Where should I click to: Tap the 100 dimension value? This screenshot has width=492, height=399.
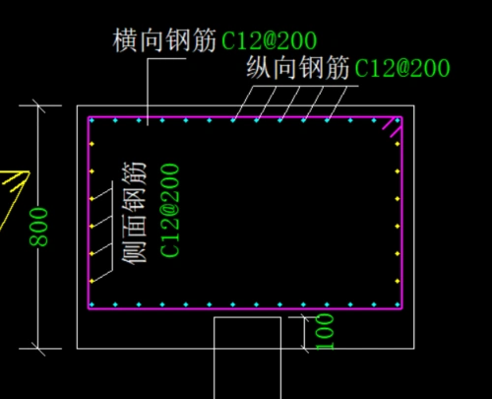pyautogui.click(x=326, y=332)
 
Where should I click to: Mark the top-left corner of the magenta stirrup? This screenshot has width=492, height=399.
pyautogui.click(x=89, y=117)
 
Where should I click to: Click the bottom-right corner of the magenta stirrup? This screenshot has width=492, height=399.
pyautogui.click(x=402, y=308)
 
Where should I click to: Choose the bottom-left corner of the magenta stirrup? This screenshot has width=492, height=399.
pyautogui.click(x=89, y=308)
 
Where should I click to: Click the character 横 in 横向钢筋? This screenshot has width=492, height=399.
pyautogui.click(x=125, y=41)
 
